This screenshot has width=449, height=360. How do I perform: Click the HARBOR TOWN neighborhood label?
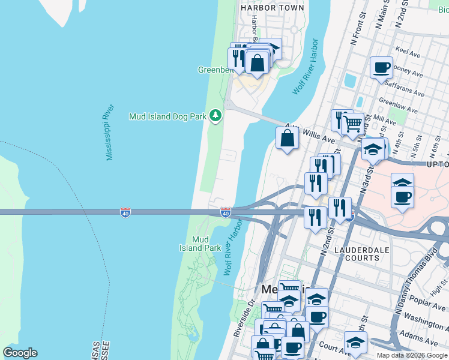pos(272,8)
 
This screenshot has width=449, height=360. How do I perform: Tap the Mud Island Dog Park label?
pos(167,116)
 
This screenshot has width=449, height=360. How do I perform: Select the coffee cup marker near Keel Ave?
pos(381,67)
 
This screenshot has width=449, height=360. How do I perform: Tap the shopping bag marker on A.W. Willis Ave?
pos(288,139)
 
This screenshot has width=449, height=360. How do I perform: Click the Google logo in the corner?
pos(20,353)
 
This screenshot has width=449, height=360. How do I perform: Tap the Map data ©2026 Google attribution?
pos(412,355)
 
